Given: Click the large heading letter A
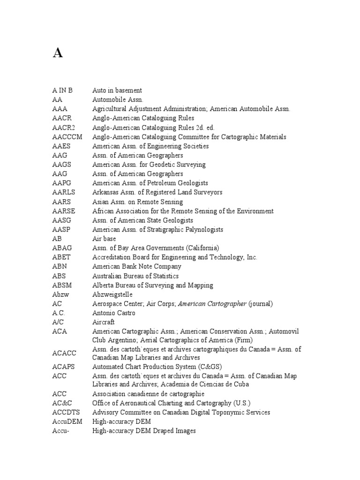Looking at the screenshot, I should [x=57, y=53].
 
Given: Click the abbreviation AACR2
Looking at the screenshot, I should [x=64, y=127].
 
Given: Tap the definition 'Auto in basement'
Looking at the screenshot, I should [x=117, y=90].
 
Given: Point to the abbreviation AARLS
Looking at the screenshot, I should [x=64, y=193].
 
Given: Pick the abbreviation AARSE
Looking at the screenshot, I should [x=64, y=211].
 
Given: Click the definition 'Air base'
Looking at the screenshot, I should [x=104, y=239].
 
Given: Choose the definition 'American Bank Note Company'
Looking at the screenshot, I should [x=137, y=267].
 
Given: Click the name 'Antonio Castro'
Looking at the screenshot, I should [x=114, y=313].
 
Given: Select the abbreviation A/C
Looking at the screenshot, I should [x=57, y=322].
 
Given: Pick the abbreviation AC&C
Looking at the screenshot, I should [x=62, y=403].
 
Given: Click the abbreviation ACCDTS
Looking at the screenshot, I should [x=66, y=412].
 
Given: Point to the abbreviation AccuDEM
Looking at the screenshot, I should [x=67, y=422].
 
